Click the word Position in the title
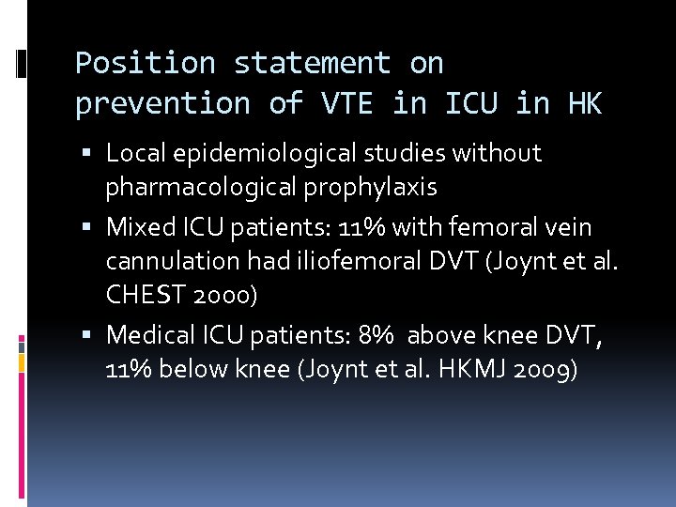145,64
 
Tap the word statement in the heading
311,64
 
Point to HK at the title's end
584,103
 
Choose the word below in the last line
192,369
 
